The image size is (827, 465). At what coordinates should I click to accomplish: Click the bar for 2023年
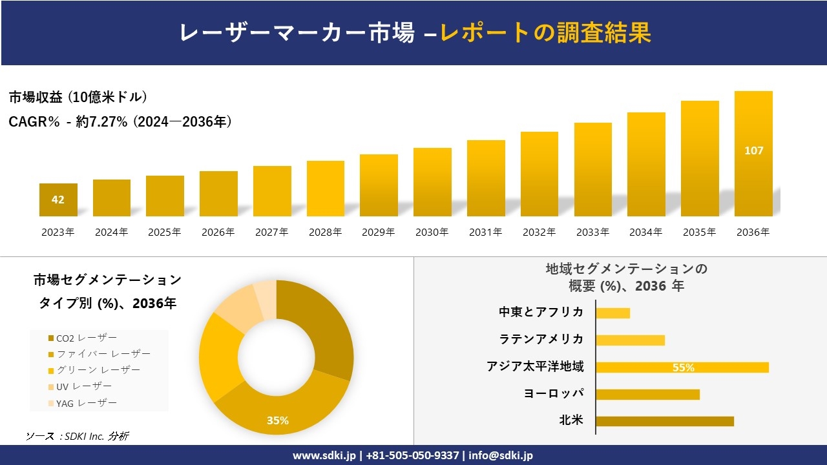(58, 200)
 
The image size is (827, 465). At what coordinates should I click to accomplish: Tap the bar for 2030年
(432, 182)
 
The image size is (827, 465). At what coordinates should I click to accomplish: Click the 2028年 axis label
(325, 232)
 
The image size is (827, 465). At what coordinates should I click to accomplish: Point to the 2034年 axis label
(646, 232)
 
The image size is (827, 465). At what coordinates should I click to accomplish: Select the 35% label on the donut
(278, 420)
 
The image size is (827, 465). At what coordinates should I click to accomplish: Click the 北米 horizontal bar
(664, 421)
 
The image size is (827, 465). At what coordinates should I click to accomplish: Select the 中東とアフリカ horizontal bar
(612, 313)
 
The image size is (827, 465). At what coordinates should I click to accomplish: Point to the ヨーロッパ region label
(554, 393)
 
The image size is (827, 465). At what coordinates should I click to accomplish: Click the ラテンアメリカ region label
(541, 340)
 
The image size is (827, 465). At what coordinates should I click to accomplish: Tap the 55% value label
(683, 367)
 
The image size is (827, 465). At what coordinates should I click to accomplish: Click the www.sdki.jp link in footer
(324, 455)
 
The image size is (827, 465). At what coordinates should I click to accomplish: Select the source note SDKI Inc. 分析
(78, 437)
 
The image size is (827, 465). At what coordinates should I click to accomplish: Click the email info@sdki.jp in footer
(501, 455)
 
